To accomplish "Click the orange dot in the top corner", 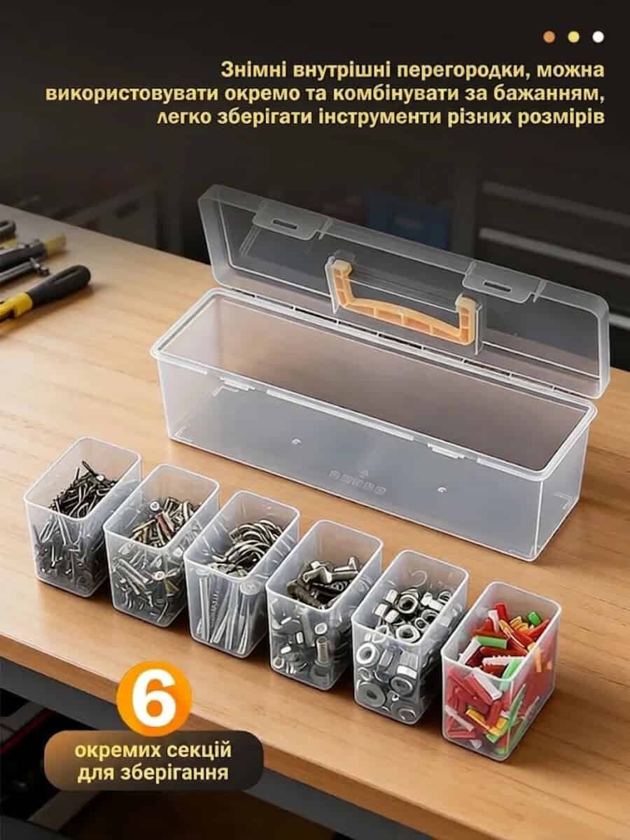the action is pyautogui.click(x=549, y=37).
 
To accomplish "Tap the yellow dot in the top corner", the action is pyautogui.click(x=574, y=37).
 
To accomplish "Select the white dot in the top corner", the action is pyautogui.click(x=598, y=37).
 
